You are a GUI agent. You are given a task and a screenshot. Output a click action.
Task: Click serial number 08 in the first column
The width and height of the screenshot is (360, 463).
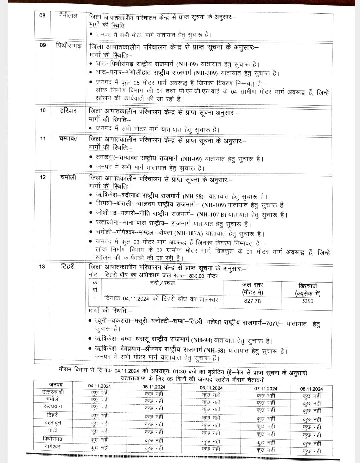[42, 15]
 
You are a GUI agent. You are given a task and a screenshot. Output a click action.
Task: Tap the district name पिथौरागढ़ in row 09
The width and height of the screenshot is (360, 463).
[68, 45]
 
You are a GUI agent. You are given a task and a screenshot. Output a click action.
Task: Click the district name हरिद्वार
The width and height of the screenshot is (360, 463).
[68, 110]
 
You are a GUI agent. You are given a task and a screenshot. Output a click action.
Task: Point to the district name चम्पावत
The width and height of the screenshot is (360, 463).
[69, 138]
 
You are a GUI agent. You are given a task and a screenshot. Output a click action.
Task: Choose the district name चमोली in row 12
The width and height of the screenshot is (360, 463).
[68, 177]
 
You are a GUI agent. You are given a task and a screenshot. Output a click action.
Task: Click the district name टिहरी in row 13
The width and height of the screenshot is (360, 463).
[68, 266]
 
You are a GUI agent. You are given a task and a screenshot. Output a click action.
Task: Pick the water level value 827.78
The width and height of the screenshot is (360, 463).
[253, 301]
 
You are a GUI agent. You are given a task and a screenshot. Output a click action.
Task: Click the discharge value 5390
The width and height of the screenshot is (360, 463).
[307, 301]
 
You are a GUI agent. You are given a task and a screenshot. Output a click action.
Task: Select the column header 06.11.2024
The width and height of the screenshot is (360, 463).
[211, 388]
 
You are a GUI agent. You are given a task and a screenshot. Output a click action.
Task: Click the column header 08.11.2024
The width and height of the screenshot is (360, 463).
[312, 389]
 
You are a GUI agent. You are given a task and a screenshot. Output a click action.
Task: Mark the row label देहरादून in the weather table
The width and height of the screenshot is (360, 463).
[53, 422]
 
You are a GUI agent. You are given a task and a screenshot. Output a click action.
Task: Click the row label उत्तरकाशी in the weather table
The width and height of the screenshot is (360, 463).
[53, 392]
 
